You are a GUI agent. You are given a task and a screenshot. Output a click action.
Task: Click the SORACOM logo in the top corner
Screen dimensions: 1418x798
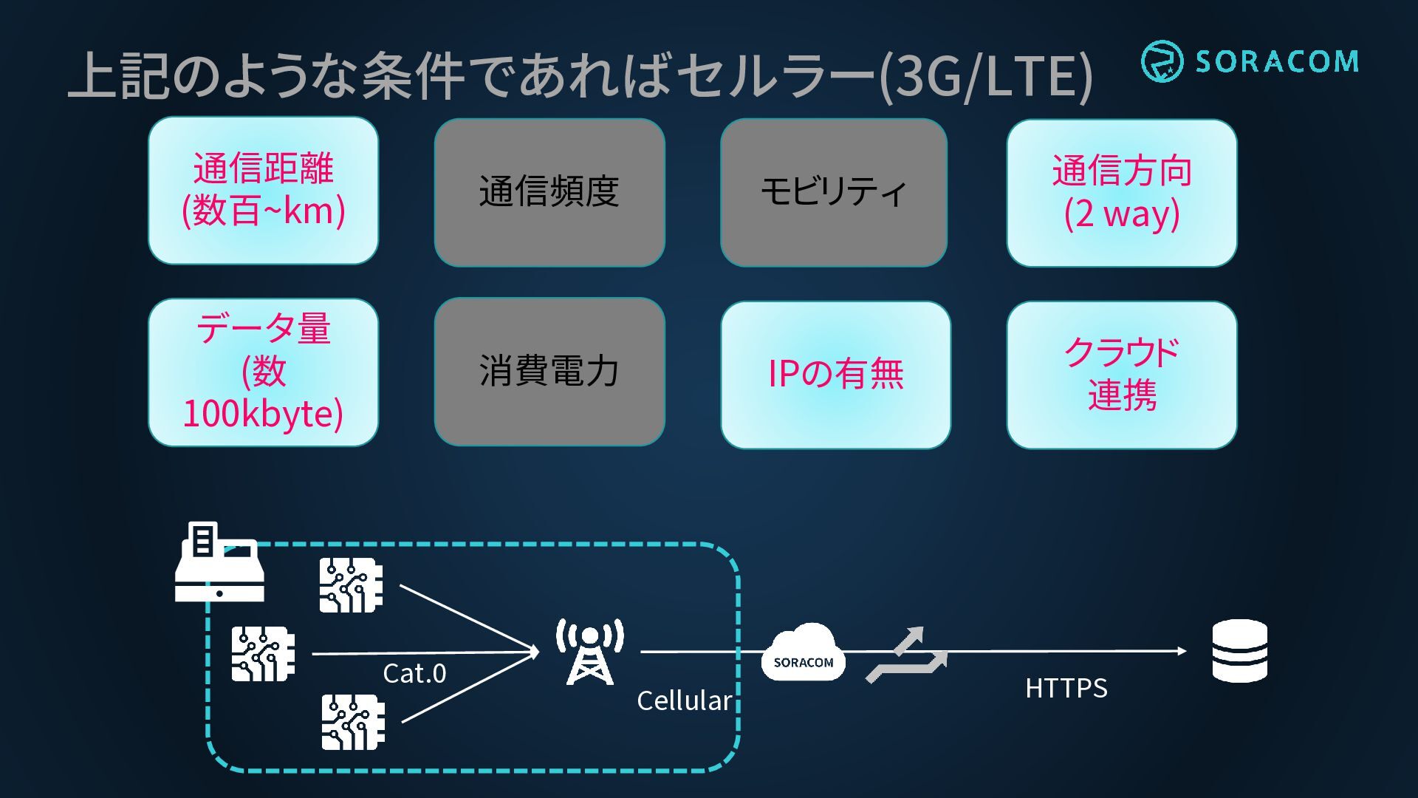point(1250,61)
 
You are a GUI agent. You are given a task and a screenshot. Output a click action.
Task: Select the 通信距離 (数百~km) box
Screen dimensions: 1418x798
point(264,190)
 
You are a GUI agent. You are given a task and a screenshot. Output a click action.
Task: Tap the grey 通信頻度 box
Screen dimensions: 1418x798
point(549,192)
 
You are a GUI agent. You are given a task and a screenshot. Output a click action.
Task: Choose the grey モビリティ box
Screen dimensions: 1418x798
point(834,192)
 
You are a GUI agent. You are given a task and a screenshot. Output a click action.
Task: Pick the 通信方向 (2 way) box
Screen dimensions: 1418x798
point(1122,192)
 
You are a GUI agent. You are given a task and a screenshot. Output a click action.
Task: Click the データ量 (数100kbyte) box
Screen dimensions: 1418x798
point(264,372)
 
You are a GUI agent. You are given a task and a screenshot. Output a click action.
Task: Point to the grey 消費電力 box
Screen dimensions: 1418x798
point(549,372)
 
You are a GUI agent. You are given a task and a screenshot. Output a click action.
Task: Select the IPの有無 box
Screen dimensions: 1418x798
point(836,375)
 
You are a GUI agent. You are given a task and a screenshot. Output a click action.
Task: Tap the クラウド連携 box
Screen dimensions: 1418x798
point(1122,375)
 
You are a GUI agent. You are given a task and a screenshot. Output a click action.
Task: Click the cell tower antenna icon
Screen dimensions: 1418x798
point(589,652)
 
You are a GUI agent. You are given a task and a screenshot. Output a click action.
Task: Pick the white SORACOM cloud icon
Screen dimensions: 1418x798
point(804,652)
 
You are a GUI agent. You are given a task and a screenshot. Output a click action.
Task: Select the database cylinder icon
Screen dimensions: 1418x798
point(1240,651)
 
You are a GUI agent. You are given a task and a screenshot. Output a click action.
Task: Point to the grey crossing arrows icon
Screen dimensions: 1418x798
point(908,655)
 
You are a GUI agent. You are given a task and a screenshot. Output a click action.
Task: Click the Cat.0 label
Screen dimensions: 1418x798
point(414,673)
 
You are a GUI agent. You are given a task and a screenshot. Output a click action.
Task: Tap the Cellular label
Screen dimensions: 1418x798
point(685,700)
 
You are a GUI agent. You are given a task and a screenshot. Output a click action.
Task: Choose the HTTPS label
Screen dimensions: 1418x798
point(1066,688)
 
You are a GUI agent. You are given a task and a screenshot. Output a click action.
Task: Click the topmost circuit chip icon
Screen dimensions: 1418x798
point(352,585)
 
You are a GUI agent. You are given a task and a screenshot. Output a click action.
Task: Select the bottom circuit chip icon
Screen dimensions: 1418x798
point(353,722)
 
